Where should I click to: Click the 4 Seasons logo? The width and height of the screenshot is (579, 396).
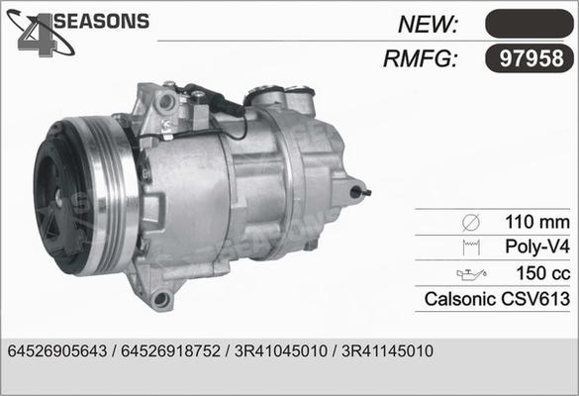click(79, 30)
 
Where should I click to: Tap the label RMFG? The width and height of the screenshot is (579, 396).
click(420, 58)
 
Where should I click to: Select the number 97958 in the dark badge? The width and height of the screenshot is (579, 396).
click(529, 58)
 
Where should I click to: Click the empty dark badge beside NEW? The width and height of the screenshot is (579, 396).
click(529, 24)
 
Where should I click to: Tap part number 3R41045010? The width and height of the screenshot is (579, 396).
click(279, 351)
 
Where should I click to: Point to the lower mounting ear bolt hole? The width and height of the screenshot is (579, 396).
click(161, 298)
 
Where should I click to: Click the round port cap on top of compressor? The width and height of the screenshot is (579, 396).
click(268, 96)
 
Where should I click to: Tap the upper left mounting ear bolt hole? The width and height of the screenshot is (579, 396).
click(166, 101)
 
